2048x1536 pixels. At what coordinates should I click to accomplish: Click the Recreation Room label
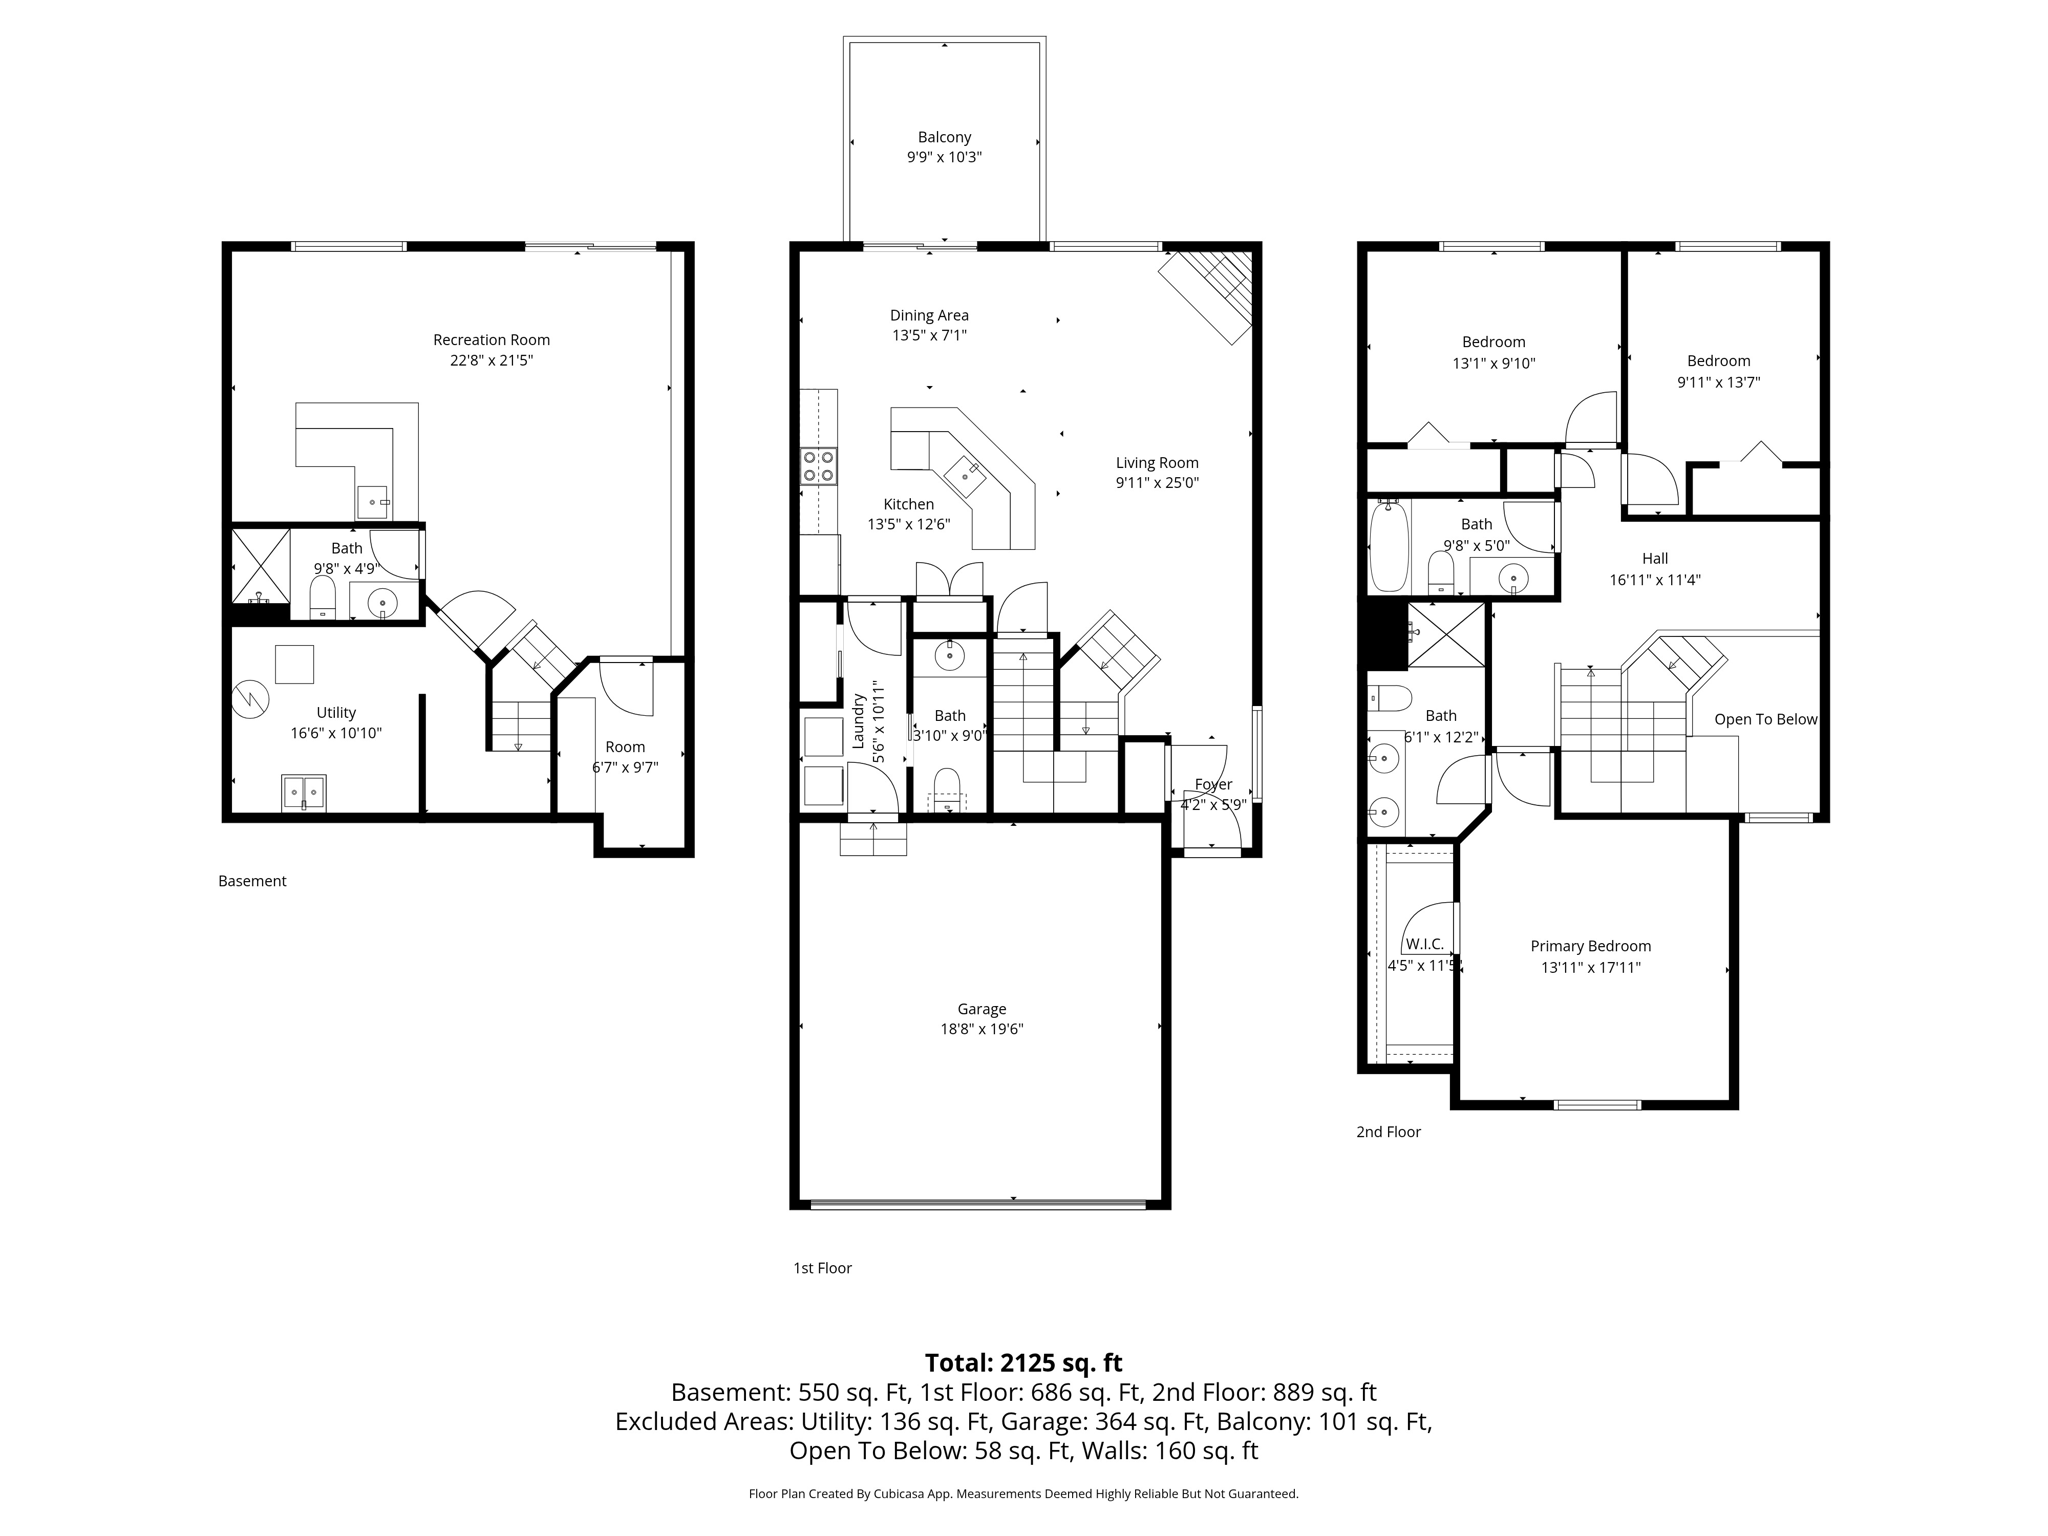tap(491, 340)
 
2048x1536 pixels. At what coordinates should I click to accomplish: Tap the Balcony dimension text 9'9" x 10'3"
tap(944, 157)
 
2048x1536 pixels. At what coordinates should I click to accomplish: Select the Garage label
tap(981, 1010)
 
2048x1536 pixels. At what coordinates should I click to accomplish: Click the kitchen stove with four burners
tap(820, 467)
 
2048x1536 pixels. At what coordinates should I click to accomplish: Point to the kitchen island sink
tap(965, 476)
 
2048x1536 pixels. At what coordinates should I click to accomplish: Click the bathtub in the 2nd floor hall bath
tap(1389, 546)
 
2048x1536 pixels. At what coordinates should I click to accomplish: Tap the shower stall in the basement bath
tap(261, 565)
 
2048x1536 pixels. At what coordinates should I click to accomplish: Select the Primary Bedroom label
tap(1590, 946)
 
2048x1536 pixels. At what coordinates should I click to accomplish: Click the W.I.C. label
tap(1424, 944)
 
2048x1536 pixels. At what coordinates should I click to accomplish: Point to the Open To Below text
tap(1765, 719)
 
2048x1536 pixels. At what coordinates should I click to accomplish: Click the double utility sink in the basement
tap(303, 793)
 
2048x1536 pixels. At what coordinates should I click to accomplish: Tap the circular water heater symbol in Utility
tap(250, 699)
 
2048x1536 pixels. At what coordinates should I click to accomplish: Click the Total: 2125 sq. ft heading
tap(1023, 1363)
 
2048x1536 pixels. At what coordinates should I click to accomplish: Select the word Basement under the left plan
tap(252, 881)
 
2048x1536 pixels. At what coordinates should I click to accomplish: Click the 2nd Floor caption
tap(1388, 1132)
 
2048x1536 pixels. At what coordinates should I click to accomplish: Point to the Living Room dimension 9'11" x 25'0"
tap(1157, 483)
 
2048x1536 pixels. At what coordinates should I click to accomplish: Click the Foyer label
tap(1213, 785)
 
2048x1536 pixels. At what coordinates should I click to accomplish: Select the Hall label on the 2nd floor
tap(1655, 559)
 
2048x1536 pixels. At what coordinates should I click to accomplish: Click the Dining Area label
tap(929, 316)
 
